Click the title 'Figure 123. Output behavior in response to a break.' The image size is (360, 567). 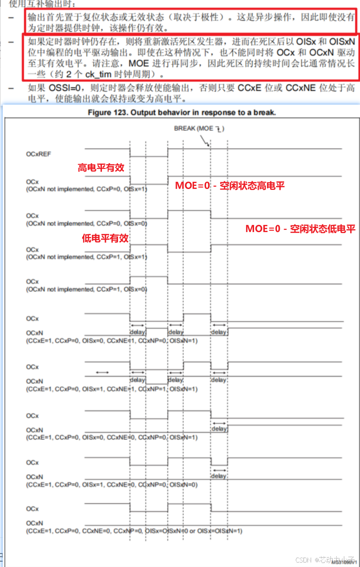click(x=182, y=112)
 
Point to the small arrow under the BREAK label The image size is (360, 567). click(x=207, y=143)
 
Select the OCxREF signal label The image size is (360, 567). click(x=39, y=154)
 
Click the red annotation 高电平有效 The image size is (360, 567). click(x=101, y=168)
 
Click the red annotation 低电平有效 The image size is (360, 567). click(x=105, y=238)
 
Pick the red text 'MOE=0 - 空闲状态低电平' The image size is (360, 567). click(x=300, y=229)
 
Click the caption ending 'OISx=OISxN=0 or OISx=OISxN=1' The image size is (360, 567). click(x=134, y=531)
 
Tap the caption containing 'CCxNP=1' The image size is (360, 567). click(x=112, y=389)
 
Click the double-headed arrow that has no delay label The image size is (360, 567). click(x=102, y=372)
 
